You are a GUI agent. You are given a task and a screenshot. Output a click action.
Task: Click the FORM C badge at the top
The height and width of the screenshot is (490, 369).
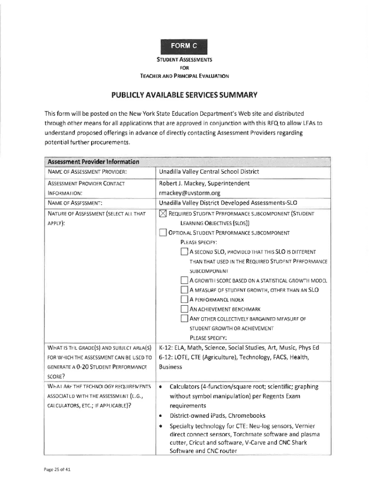[x=184, y=46]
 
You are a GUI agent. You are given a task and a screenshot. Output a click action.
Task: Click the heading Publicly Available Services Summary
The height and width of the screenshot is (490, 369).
[x=184, y=94]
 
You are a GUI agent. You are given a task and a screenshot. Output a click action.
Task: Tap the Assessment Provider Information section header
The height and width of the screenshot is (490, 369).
[x=92, y=161]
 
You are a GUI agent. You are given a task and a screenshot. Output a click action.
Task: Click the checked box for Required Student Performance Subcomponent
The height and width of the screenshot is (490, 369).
[x=162, y=213]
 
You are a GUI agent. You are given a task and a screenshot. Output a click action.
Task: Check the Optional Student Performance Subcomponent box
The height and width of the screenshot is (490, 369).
[x=162, y=233]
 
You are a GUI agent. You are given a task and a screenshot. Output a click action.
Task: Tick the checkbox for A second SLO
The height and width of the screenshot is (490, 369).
[x=184, y=252]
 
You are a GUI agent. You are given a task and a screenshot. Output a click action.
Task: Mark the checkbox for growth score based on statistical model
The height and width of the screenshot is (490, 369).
[x=184, y=280]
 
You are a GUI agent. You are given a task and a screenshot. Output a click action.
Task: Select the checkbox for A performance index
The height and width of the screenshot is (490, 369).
[x=184, y=300]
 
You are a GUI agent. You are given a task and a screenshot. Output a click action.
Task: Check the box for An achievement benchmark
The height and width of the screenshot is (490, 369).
[x=184, y=309]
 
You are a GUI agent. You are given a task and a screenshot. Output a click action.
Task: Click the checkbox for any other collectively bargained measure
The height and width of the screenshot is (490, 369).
[x=184, y=319]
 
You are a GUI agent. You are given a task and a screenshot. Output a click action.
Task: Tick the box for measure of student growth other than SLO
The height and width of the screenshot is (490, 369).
[x=184, y=290]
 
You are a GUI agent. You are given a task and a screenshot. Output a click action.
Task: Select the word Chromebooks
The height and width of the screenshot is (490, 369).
[x=247, y=415]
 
